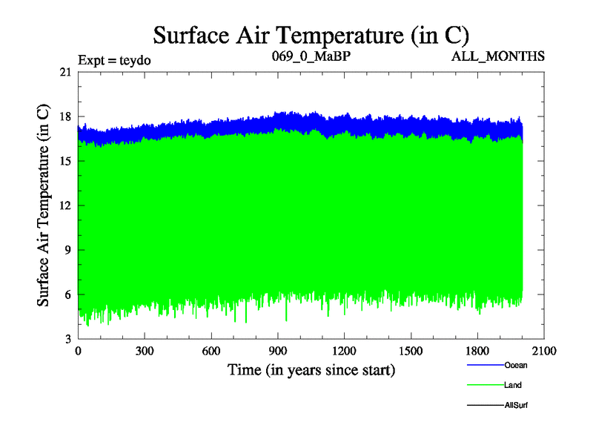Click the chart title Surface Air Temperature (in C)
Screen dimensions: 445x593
click(311, 35)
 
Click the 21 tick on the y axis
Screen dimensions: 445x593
click(65, 72)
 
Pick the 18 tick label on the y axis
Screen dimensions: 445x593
click(65, 116)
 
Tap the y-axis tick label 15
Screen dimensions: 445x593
click(65, 161)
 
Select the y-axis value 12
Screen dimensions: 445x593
click(65, 205)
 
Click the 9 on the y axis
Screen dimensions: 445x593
click(68, 250)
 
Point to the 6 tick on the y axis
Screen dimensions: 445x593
click(68, 294)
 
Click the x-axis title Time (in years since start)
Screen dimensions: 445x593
click(311, 369)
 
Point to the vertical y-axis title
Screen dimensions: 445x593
click(44, 205)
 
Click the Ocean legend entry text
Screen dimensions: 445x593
click(517, 365)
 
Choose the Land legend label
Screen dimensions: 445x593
click(513, 385)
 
